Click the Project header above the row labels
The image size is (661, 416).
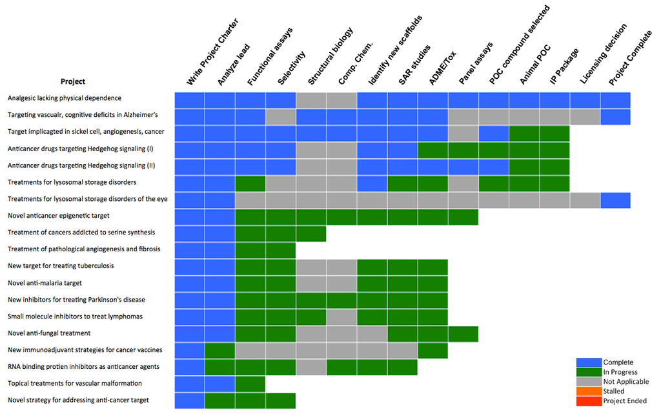click(x=73, y=81)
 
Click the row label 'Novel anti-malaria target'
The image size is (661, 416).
click(x=45, y=282)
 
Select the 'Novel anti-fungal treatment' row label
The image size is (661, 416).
click(x=48, y=333)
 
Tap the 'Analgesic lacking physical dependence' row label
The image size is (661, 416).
click(x=64, y=98)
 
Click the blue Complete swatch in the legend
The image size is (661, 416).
click(x=589, y=362)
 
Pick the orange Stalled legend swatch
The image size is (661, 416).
click(x=589, y=391)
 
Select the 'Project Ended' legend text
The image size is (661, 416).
click(x=624, y=401)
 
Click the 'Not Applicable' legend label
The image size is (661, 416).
click(x=625, y=382)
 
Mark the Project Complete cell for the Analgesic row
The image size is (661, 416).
click(x=615, y=100)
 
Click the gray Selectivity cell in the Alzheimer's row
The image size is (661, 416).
click(x=280, y=117)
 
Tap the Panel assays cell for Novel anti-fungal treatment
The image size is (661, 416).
click(x=463, y=334)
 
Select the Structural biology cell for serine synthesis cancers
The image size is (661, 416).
click(x=310, y=233)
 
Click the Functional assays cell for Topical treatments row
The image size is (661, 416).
click(x=250, y=384)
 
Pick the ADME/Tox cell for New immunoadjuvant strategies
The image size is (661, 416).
click(x=432, y=351)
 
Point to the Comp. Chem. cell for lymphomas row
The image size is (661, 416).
click(x=341, y=317)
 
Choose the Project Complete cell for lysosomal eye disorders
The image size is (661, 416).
click(x=615, y=200)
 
